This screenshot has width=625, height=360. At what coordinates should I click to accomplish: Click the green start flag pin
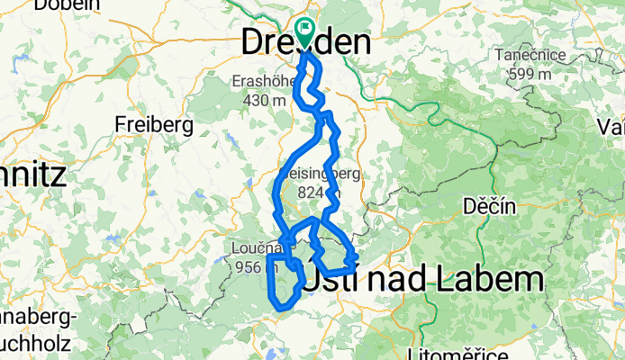(x=304, y=32)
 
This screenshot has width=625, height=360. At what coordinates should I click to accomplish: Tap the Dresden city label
(x=306, y=41)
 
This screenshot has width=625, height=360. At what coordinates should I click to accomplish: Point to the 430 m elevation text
(x=264, y=101)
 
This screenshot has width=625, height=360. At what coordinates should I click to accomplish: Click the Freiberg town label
(x=153, y=126)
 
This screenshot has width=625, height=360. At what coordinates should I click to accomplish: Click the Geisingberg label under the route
(x=311, y=175)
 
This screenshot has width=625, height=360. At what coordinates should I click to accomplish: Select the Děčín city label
(x=489, y=207)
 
